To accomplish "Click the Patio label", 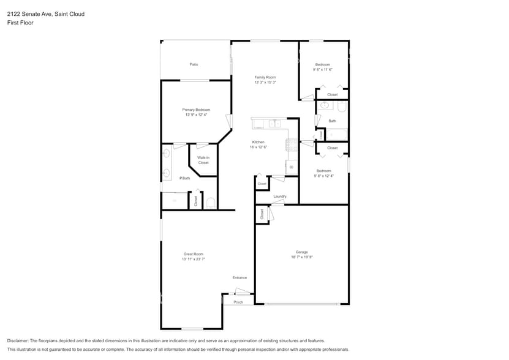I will click(x=194, y=64).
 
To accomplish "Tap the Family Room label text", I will click(x=265, y=77).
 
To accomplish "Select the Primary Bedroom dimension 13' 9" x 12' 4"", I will click(x=196, y=115).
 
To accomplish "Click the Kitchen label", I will click(x=258, y=142).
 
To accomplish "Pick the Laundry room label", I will click(x=280, y=197).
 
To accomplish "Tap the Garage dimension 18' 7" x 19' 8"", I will click(x=302, y=257).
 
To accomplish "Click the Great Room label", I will click(x=193, y=254).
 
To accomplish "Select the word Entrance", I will click(x=239, y=278).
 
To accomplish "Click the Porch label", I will click(x=238, y=302).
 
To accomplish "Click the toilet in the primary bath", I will click(x=210, y=203).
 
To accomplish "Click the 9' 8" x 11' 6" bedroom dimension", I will click(x=323, y=70).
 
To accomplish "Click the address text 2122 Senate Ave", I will click(x=31, y=13).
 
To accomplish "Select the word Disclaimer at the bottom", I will click(x=18, y=340).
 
